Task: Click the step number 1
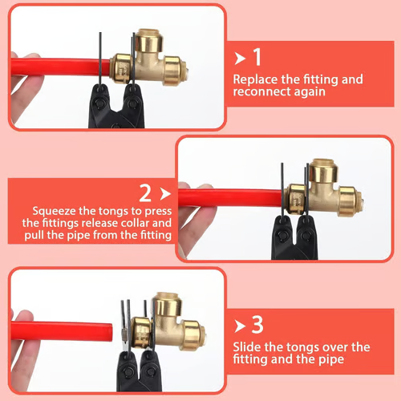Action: coord(257,57)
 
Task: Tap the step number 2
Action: coord(145,193)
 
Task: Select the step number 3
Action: coord(257,325)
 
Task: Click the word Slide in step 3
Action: coord(247,347)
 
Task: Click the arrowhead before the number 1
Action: coord(239,57)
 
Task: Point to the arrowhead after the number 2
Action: coord(164,193)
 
